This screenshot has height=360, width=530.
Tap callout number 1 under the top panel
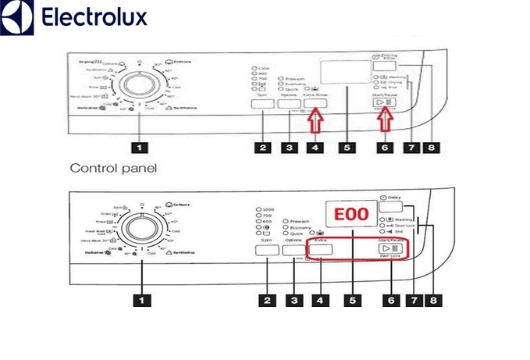click(x=139, y=146)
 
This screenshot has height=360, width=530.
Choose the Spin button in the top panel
click(x=263, y=104)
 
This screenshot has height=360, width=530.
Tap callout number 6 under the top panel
click(x=383, y=146)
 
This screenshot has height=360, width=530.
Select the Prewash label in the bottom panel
click(x=300, y=222)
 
